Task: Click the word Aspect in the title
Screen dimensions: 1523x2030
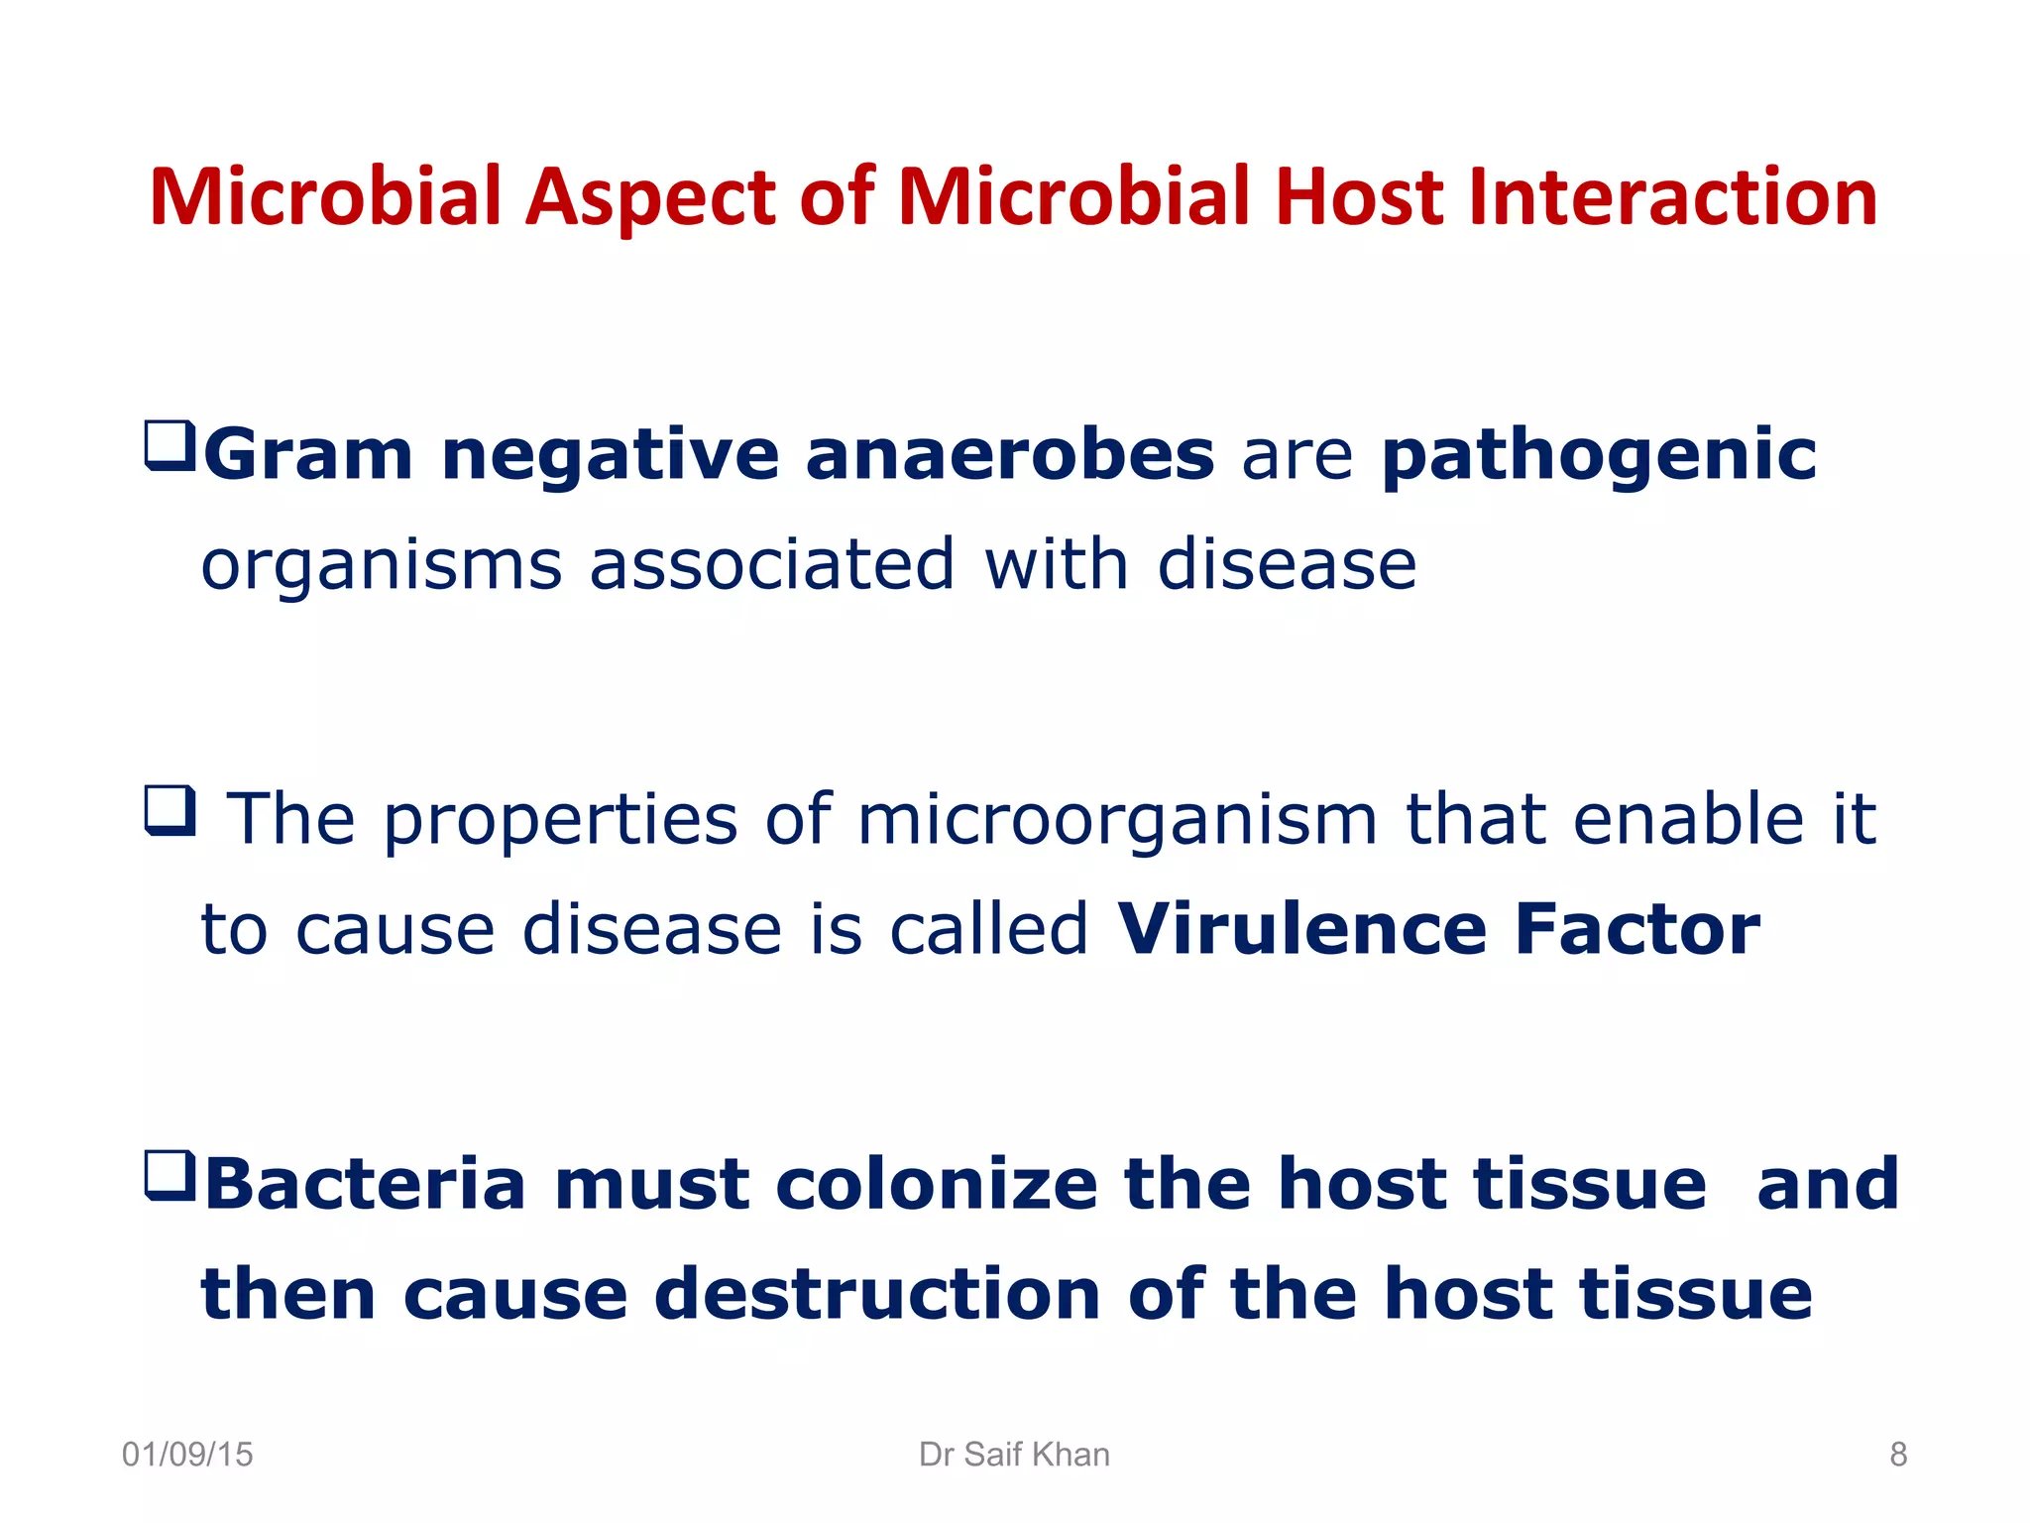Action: click(x=651, y=198)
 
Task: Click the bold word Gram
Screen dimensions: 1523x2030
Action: click(x=307, y=455)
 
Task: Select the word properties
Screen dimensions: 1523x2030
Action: click(x=560, y=822)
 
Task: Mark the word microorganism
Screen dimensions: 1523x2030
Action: click(x=1117, y=822)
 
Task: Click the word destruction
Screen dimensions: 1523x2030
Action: click(x=877, y=1294)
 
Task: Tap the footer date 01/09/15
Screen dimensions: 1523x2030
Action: click(x=187, y=1455)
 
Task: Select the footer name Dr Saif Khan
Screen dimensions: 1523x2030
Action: click(x=1014, y=1455)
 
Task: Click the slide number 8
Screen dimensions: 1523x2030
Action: click(x=1898, y=1455)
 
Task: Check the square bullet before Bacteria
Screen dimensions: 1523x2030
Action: click(x=169, y=1176)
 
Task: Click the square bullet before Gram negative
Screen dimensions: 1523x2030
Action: click(x=169, y=445)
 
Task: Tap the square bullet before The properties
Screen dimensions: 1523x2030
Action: click(x=169, y=811)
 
